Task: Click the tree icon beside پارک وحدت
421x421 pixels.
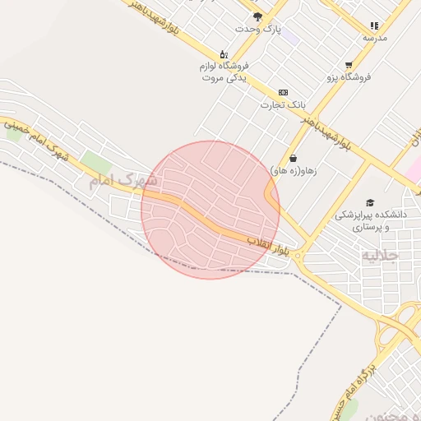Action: coord(258,16)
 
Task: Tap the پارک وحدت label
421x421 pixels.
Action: coord(257,29)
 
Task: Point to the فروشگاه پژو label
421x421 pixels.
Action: coord(349,76)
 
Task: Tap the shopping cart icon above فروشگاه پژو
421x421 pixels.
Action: coord(349,64)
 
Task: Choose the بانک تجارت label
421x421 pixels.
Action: coord(283,104)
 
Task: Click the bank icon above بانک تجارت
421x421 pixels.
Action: coord(284,92)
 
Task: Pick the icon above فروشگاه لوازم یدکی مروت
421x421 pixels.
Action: coord(224,53)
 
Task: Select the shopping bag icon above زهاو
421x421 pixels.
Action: coord(294,158)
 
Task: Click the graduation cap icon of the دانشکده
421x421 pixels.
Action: coord(370,202)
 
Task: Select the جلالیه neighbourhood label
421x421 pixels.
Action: coord(379,256)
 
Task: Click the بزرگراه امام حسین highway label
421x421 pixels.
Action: coord(349,386)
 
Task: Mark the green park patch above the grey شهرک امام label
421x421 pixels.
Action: coord(96,162)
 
